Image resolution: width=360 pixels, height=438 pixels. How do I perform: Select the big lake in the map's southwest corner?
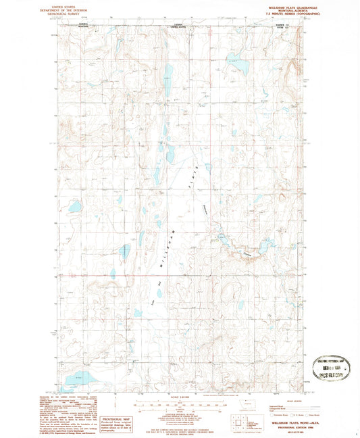point(79,378)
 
